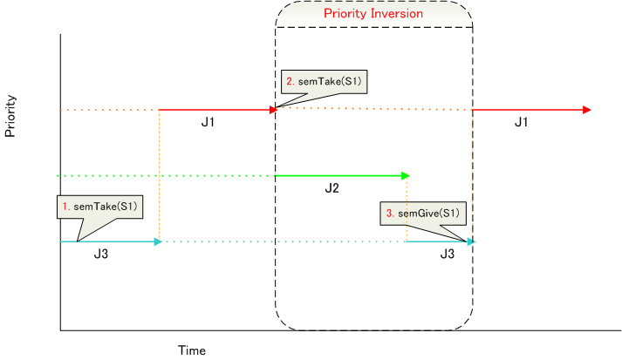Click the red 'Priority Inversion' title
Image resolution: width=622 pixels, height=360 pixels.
373,13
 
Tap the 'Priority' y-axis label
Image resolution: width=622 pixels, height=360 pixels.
10,116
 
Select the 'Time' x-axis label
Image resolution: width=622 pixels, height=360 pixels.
192,350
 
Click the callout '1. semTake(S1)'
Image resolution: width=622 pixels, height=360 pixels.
100,207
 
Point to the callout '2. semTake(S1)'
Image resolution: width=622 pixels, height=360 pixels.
325,82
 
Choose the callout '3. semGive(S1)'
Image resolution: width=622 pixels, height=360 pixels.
423,214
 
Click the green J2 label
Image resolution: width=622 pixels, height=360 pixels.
332,188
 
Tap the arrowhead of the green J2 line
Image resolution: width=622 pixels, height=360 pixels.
406,175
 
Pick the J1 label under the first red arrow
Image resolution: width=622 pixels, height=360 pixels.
208,122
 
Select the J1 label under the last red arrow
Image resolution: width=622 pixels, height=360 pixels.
522,122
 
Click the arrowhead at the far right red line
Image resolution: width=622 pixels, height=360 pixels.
587,110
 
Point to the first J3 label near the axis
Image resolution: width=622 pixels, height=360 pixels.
101,254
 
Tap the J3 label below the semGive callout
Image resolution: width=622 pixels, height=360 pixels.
447,254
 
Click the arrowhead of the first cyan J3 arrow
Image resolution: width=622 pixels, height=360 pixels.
158,241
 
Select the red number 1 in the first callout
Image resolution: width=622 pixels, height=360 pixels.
65,207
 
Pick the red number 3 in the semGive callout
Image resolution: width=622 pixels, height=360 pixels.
390,214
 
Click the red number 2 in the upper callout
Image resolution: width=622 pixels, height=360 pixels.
290,81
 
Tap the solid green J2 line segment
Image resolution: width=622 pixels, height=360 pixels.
342,175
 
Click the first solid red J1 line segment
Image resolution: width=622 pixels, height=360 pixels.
218,110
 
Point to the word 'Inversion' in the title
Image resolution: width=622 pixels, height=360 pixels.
398,13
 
